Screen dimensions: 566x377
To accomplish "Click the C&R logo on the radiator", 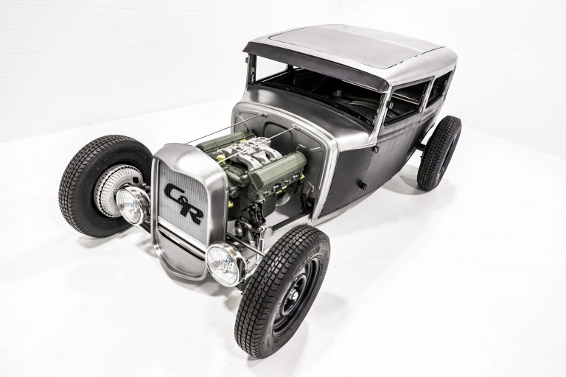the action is [x=184, y=203].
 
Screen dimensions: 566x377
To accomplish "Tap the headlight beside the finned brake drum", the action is [x=130, y=205].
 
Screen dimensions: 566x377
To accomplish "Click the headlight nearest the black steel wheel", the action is [x=225, y=264].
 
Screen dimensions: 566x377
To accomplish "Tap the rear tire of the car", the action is [x=439, y=153].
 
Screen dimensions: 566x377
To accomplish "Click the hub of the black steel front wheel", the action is [x=293, y=297].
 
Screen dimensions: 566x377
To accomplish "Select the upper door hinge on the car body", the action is [x=375, y=149].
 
